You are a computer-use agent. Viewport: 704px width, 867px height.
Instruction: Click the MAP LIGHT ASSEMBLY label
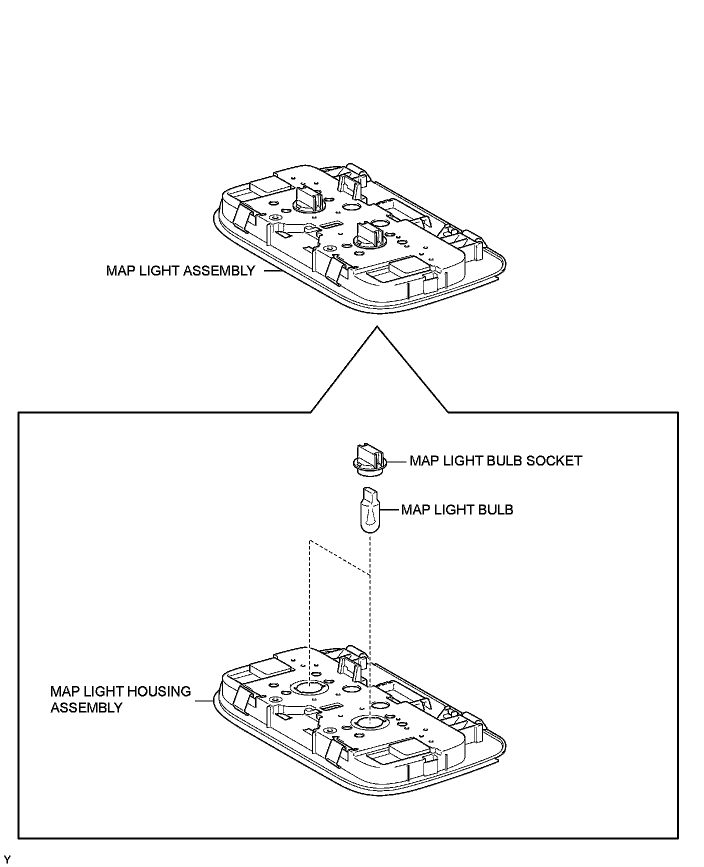180,271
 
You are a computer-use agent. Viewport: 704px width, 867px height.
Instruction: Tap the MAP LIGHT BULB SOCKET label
495,460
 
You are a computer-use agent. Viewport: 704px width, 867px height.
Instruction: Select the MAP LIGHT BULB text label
457,510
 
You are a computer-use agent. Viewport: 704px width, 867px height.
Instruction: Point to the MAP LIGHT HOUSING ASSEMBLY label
120,699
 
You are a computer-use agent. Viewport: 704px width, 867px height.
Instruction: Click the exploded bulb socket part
369,456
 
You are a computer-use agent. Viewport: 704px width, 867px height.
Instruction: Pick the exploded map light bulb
369,510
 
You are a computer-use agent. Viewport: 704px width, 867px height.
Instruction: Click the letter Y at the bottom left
6,859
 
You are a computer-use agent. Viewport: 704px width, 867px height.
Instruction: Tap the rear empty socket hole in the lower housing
309,688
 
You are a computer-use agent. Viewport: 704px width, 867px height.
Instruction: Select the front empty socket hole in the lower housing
368,721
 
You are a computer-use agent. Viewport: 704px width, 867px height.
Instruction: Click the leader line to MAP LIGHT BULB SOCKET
396,461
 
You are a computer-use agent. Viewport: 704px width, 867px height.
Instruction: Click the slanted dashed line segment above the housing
340,558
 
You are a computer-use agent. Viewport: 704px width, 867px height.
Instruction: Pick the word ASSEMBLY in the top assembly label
219,271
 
